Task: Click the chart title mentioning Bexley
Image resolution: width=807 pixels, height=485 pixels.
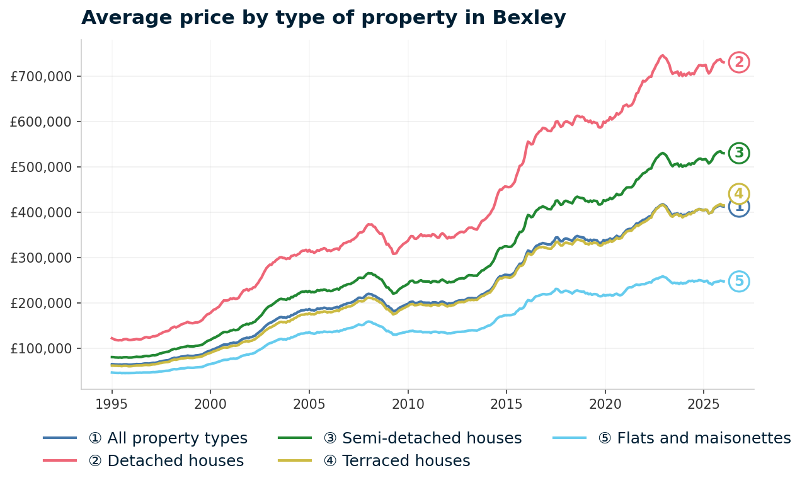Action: [x=323, y=18]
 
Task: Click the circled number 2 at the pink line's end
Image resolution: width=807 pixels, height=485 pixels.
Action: [x=739, y=62]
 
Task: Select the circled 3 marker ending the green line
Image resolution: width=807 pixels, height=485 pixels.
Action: [x=739, y=153]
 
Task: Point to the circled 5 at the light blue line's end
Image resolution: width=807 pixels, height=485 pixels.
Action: [x=739, y=282]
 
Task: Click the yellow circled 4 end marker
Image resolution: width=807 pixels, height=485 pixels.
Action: [x=739, y=193]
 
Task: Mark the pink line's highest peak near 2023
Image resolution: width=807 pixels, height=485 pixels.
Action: [x=662, y=55]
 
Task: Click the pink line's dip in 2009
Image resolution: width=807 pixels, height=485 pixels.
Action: [x=394, y=253]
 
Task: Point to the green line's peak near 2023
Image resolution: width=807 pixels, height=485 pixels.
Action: [x=662, y=152]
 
